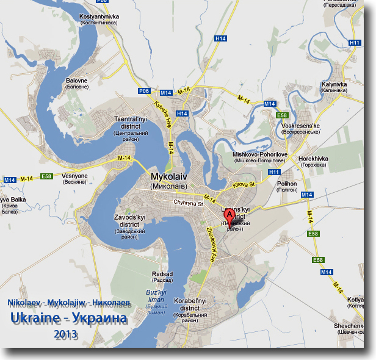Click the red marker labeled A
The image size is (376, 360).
230,215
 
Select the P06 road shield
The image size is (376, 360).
144,90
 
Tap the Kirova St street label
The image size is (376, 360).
242,185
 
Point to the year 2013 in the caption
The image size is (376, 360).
66,334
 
